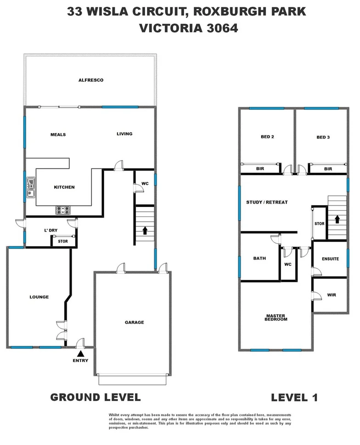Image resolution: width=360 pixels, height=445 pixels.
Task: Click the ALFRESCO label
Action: [x=90, y=80]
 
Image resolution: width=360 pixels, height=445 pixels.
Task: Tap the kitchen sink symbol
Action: [x=30, y=187]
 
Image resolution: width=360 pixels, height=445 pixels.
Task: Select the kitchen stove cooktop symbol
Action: [x=63, y=211]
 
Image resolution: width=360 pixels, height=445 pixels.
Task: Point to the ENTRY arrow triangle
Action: [x=81, y=354]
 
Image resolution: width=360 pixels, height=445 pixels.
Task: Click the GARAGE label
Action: [x=134, y=323]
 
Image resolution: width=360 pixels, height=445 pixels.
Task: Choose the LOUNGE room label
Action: [x=39, y=297]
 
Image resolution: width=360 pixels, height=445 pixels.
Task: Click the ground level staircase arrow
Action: [x=145, y=230]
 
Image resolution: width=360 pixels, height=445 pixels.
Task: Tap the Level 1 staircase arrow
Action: [x=337, y=219]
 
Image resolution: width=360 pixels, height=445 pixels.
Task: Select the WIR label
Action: [x=332, y=295]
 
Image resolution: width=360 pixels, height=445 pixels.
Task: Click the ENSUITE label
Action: [x=330, y=259]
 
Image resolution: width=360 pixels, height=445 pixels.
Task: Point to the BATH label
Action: [x=259, y=258]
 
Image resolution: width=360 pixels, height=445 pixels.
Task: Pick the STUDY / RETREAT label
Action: [x=267, y=202]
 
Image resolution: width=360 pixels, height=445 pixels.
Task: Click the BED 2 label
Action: [x=267, y=137]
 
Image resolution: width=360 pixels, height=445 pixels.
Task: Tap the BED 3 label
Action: [x=323, y=137]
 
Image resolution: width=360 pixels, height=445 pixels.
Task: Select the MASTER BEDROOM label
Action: [x=276, y=317]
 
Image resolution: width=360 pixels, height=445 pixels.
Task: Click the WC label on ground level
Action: [x=145, y=184]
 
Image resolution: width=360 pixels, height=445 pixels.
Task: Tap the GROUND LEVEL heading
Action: [x=95, y=397]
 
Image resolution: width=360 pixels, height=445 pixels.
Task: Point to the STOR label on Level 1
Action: [x=320, y=224]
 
